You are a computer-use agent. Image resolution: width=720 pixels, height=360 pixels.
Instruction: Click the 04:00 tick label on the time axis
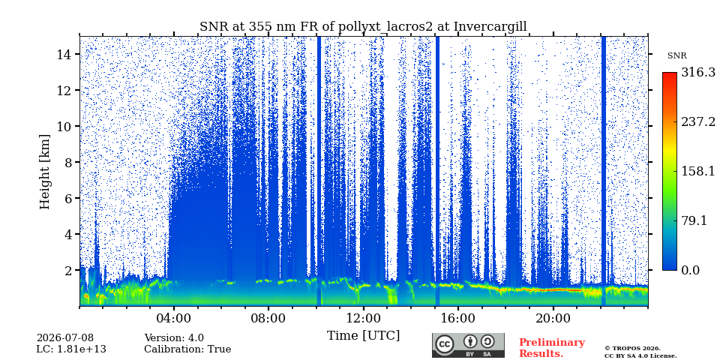(173, 318)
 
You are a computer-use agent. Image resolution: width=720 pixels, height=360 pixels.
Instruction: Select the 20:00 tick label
(553, 318)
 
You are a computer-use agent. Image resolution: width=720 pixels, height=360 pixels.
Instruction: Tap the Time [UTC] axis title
(363, 335)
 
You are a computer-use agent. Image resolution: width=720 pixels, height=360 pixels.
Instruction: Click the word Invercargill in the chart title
(490, 27)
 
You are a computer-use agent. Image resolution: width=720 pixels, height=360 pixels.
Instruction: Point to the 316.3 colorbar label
(698, 73)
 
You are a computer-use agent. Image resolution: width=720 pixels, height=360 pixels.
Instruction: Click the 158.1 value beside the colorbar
(698, 171)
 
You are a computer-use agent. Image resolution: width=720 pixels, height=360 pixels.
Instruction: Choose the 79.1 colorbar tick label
(694, 220)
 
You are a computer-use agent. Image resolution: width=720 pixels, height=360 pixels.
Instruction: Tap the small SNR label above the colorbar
(676, 56)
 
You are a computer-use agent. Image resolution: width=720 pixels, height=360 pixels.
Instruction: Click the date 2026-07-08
(64, 338)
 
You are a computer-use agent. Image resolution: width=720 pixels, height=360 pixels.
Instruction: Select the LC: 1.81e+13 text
(71, 349)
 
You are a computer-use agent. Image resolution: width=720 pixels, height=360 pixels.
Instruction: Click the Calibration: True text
(187, 349)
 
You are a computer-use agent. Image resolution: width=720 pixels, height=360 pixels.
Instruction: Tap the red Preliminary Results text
(552, 347)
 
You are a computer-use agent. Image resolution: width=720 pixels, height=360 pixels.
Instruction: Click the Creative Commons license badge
(468, 345)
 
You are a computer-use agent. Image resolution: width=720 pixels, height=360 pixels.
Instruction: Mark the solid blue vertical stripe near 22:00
(603, 171)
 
